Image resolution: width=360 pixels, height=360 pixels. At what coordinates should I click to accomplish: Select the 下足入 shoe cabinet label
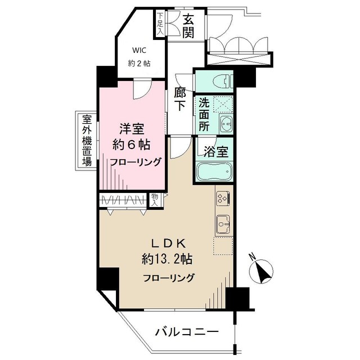tap(160, 24)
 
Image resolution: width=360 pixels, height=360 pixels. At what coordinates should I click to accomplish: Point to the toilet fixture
tap(222, 82)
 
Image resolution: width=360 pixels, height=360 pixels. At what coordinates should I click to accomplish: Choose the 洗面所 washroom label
tap(202, 115)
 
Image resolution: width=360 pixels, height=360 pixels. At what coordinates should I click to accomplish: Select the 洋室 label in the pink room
tap(133, 128)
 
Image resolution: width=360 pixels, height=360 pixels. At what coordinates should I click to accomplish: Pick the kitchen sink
tap(222, 224)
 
